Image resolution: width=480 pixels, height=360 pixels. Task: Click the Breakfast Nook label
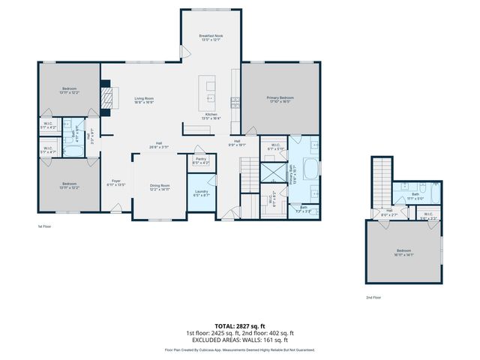point(211,35)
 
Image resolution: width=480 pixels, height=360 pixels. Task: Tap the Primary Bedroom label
point(280,97)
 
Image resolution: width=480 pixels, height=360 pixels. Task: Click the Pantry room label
point(200,159)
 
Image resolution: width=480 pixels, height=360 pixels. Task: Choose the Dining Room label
point(160,185)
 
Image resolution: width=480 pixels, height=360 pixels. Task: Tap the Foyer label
point(116,181)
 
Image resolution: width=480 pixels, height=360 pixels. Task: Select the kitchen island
point(209,94)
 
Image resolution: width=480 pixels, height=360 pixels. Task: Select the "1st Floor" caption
point(45,226)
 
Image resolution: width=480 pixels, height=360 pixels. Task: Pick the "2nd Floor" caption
point(373,298)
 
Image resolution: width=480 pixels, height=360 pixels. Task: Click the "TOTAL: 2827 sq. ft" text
point(240,326)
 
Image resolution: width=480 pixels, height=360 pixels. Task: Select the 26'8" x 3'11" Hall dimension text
point(159,147)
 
